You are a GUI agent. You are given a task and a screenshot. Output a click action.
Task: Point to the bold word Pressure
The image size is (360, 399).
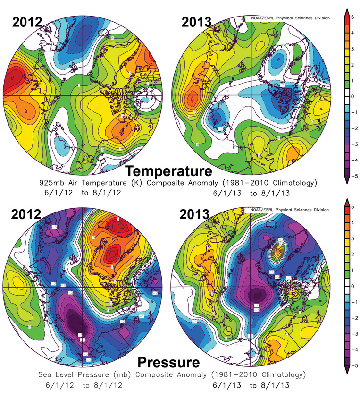168,363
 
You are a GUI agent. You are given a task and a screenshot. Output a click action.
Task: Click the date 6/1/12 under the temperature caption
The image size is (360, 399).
52,193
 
